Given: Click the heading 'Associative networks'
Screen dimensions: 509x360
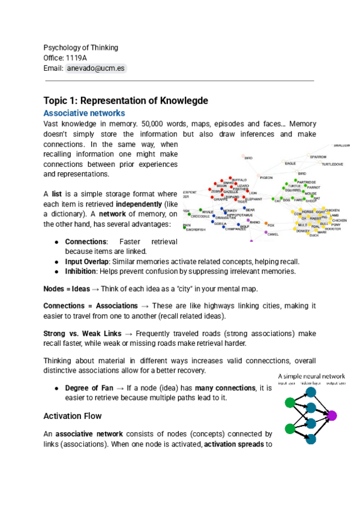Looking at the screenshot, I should click(x=84, y=113).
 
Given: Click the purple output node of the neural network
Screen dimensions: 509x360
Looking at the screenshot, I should click(x=332, y=415).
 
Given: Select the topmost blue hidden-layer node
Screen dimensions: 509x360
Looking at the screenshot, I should click(x=311, y=392).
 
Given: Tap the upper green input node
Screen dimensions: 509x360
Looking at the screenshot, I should click(x=290, y=402).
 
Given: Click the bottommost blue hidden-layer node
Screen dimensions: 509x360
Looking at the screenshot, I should click(x=311, y=439).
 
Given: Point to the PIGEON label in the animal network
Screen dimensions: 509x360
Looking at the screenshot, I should click(x=266, y=178).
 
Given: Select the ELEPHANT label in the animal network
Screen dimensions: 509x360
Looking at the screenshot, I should click(x=253, y=198).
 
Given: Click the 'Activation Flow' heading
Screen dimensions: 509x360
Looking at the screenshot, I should click(x=73, y=416).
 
